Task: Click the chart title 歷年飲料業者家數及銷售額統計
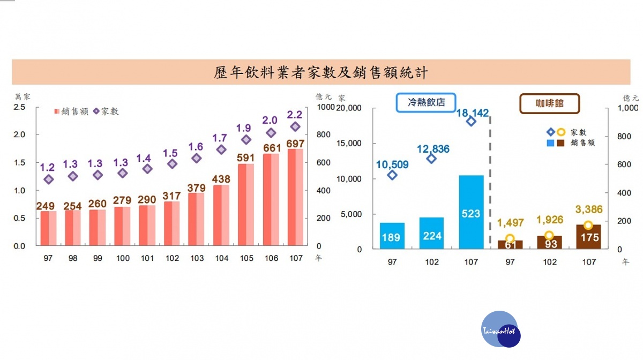(x=321, y=72)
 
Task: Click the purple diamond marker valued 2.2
(x=295, y=126)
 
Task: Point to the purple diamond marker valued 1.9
(x=246, y=140)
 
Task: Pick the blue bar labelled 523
(x=471, y=212)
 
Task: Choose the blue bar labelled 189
(x=391, y=236)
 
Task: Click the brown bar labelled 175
(x=589, y=237)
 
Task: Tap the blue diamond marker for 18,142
(x=471, y=121)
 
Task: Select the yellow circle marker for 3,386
(x=588, y=225)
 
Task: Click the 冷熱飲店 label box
(x=426, y=102)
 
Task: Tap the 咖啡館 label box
(x=550, y=103)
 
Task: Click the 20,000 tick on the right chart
(x=349, y=108)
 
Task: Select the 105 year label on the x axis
(x=246, y=258)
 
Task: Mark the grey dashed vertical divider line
(x=490, y=182)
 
